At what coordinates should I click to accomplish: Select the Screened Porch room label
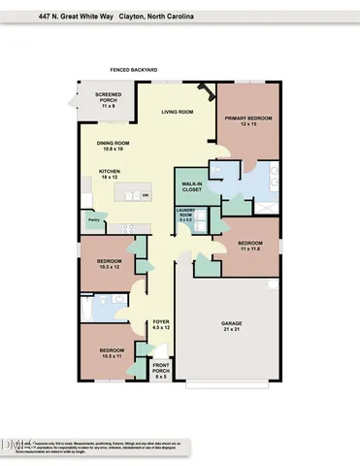[x=106, y=99]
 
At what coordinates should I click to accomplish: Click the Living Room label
[x=178, y=113]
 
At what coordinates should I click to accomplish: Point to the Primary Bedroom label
[x=248, y=121]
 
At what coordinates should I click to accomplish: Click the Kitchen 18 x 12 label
[x=109, y=175]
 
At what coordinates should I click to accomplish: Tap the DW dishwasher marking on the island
[x=145, y=196]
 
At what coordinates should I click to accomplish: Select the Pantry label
[x=93, y=220]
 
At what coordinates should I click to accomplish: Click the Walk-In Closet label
[x=191, y=186]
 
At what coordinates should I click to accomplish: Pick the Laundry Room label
[x=186, y=216]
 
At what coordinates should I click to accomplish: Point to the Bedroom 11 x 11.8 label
[x=249, y=247]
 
